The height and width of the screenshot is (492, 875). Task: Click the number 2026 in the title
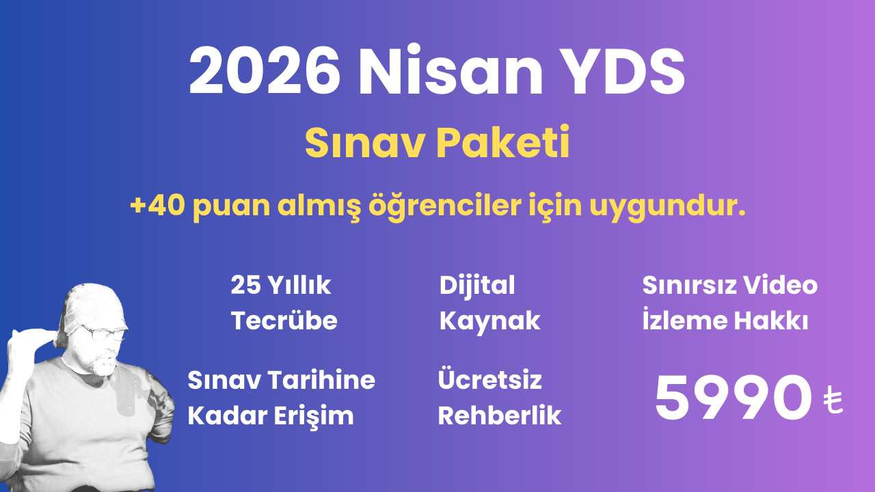coord(265,72)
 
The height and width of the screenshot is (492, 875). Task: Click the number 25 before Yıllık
coord(245,286)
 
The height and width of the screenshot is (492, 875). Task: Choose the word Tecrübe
coord(284,320)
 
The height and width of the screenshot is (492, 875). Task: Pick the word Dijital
coord(477,286)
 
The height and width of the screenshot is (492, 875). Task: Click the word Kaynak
coord(489,320)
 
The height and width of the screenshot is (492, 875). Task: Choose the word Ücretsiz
coord(489,380)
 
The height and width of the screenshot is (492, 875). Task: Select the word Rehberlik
coord(499,415)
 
